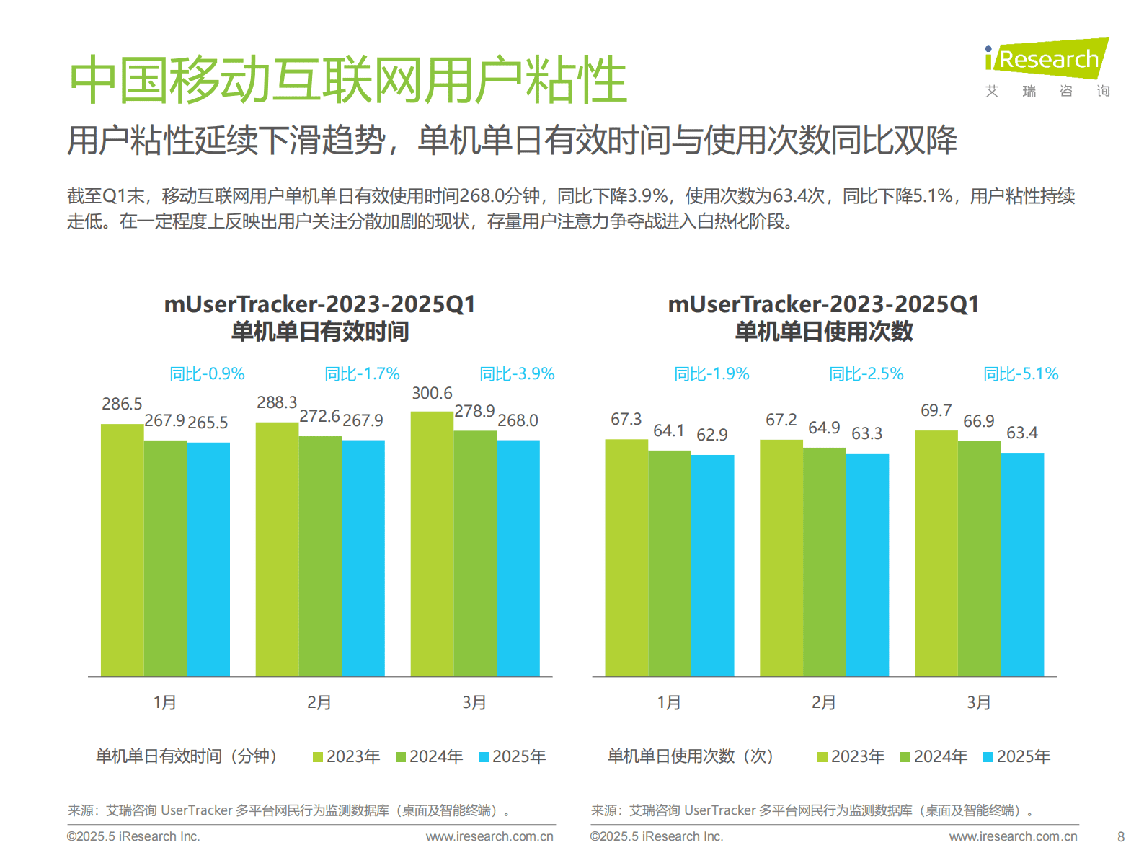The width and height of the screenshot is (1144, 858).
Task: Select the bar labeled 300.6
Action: tap(432, 544)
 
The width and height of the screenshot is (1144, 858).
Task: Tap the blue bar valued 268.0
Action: tap(518, 558)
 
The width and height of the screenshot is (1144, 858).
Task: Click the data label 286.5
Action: tap(122, 404)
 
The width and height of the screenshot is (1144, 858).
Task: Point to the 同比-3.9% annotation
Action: tap(517, 373)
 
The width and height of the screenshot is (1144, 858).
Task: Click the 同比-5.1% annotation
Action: tap(1021, 373)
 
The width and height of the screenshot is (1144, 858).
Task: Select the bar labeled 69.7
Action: tap(936, 553)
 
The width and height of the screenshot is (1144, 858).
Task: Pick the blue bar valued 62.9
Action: tap(712, 565)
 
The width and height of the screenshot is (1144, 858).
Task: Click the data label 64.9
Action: tap(824, 428)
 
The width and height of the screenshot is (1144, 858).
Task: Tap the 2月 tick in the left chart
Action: tap(319, 702)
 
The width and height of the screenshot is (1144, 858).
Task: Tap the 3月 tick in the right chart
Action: tap(978, 702)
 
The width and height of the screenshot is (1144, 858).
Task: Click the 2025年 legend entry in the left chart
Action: tap(513, 756)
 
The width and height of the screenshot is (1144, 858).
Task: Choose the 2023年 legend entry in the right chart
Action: tap(851, 756)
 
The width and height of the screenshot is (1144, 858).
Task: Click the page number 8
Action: tap(1120, 836)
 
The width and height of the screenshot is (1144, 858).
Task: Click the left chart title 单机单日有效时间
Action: tap(319, 332)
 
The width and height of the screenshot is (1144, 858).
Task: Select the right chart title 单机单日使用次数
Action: tap(824, 332)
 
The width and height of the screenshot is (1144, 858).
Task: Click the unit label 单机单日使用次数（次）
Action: tap(690, 756)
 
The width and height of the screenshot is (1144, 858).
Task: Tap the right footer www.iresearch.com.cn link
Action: tap(1013, 836)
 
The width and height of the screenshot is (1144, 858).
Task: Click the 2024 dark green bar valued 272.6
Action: tap(320, 556)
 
